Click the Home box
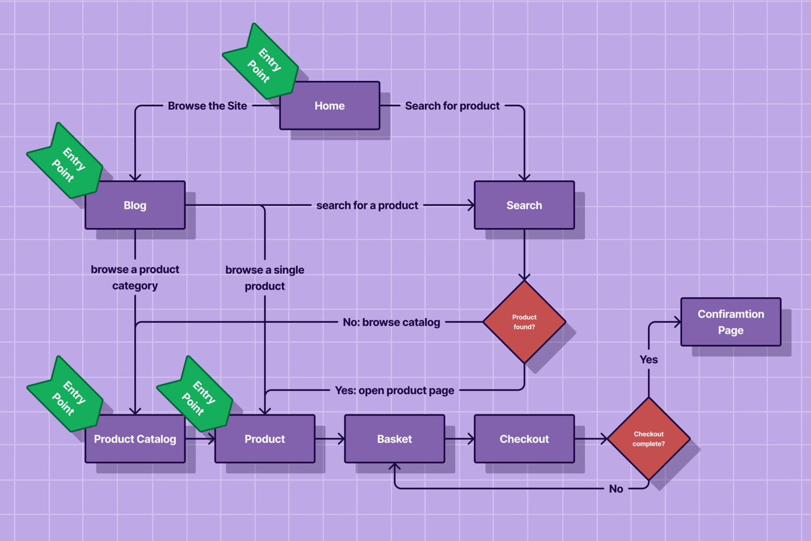tap(329, 106)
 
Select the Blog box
tap(135, 206)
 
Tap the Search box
tap(524, 206)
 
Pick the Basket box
tap(394, 439)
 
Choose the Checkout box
tap(524, 439)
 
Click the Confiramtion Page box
tap(731, 322)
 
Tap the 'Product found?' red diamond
tap(524, 322)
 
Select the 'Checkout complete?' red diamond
tap(649, 439)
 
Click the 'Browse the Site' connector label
tap(207, 106)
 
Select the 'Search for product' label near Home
tap(452, 106)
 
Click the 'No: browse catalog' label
tap(391, 323)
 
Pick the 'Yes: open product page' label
tap(394, 391)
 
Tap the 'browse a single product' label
tap(265, 278)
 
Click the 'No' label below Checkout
tap(616, 489)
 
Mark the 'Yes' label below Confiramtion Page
tap(649, 360)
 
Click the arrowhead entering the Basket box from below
tap(395, 466)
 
